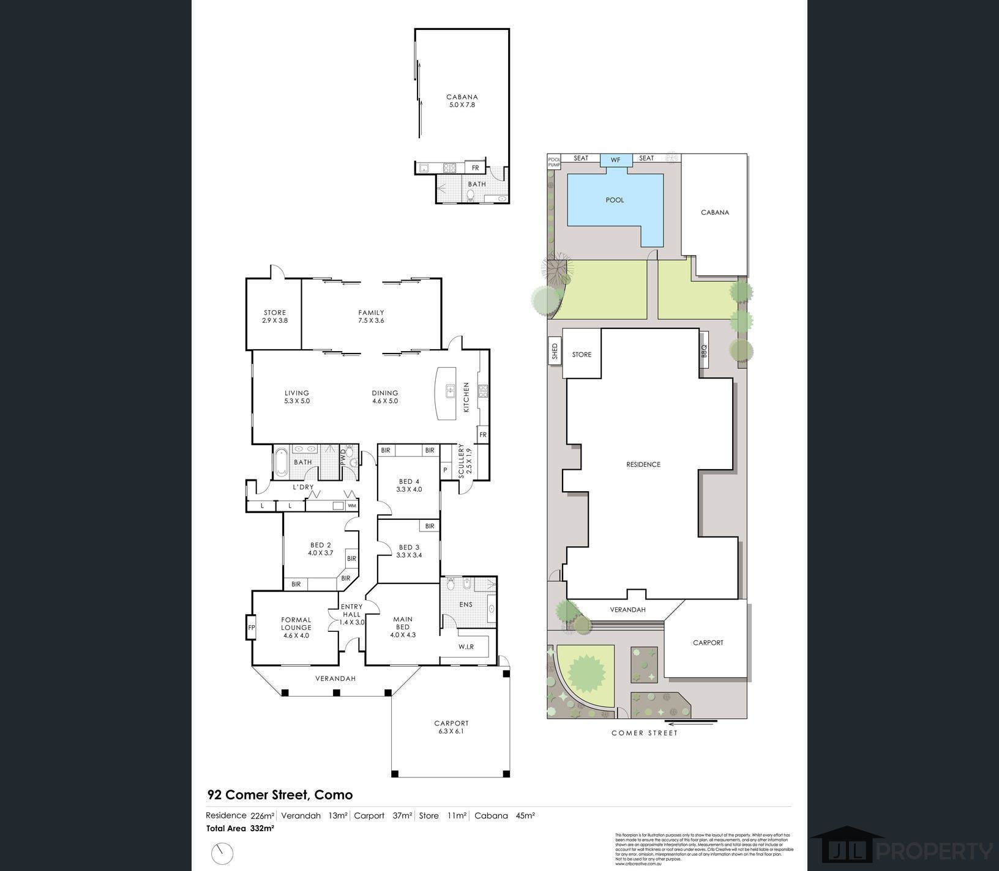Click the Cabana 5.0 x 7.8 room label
(462, 101)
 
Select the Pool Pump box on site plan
(554, 161)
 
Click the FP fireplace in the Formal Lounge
(251, 628)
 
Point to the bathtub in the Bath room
(281, 463)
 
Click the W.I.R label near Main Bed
(466, 647)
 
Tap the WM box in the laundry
(352, 506)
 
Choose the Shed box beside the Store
(555, 351)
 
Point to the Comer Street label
(645, 733)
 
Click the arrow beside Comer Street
(698, 722)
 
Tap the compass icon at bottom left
(223, 853)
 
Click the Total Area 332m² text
(240, 829)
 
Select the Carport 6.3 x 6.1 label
(451, 727)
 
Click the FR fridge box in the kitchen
(483, 435)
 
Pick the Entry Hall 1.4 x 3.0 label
(352, 614)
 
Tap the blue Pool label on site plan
(615, 200)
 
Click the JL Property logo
(903, 849)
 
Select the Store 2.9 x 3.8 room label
(275, 316)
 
